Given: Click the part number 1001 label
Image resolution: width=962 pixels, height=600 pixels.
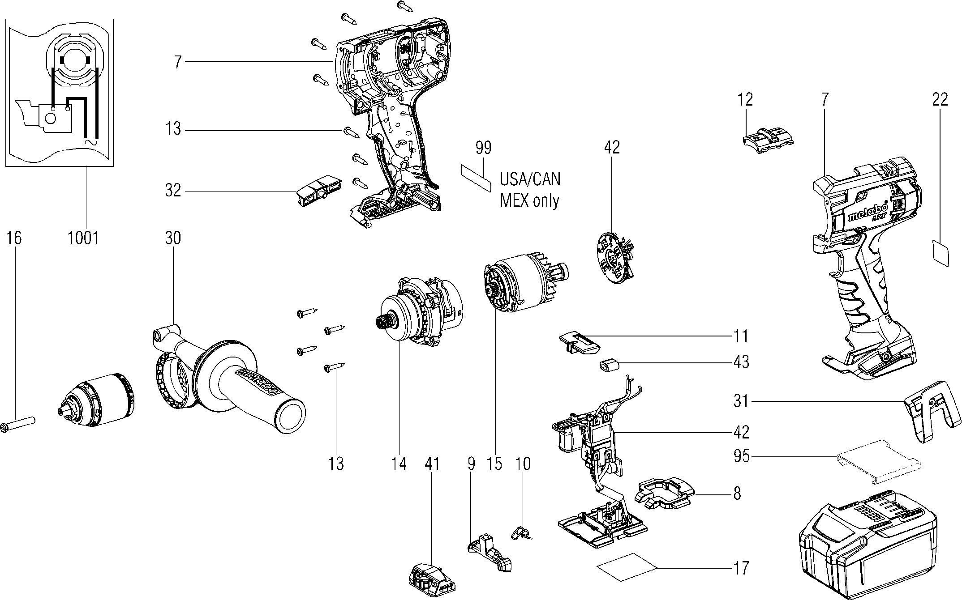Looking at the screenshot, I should [83, 238].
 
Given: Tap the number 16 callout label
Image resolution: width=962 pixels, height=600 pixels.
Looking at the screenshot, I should [14, 238].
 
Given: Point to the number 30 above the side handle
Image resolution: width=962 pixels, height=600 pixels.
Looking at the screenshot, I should [173, 238].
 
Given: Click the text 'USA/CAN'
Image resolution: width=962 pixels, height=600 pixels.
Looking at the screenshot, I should [530, 179].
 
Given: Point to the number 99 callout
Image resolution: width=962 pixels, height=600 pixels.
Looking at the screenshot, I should [484, 147].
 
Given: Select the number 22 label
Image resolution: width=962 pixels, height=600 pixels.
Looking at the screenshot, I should [940, 99].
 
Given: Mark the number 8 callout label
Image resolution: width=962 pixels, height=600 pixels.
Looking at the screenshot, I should [737, 494].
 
